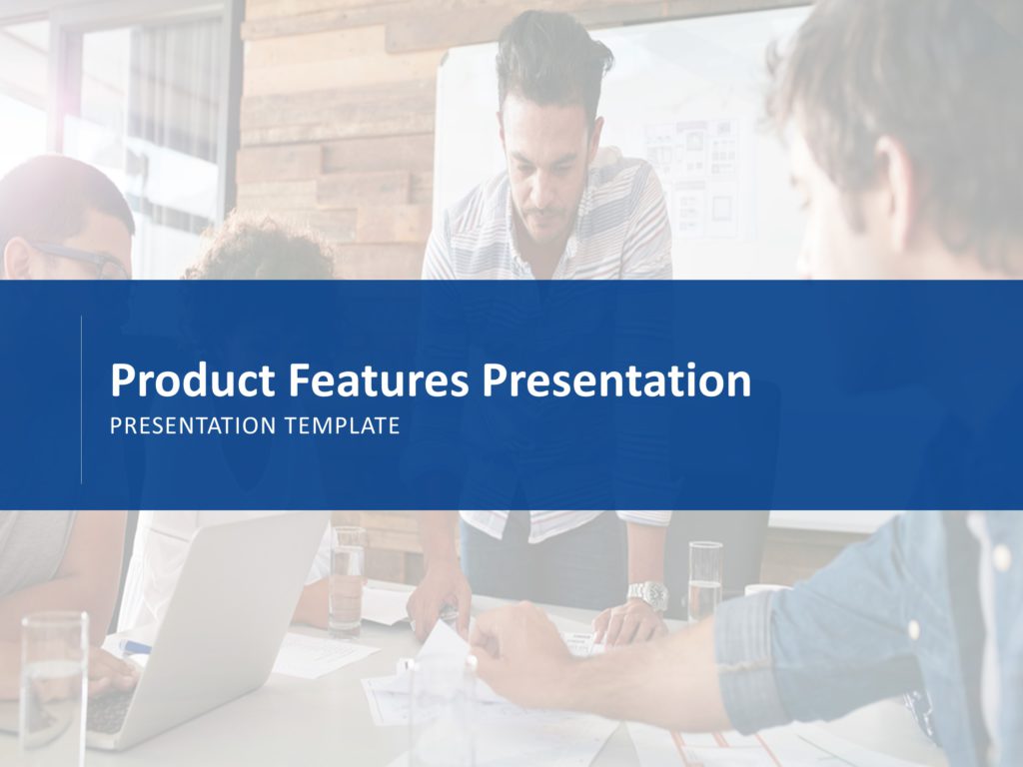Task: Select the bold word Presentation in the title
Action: [x=615, y=382]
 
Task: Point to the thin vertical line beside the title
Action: [x=81, y=399]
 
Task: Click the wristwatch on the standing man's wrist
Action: [x=647, y=595]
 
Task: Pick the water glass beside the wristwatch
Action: [x=704, y=579]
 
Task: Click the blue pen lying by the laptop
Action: [x=134, y=647]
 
